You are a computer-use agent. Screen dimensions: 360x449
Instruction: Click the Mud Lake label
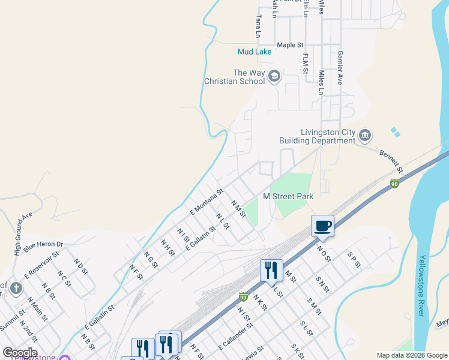click(x=255, y=52)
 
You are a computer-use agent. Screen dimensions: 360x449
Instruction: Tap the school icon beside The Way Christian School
click(x=274, y=76)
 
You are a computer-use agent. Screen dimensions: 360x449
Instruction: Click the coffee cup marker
click(x=322, y=226)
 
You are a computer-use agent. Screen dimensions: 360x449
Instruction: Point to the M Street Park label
click(x=288, y=196)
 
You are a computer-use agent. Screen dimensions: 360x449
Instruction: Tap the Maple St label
click(x=291, y=45)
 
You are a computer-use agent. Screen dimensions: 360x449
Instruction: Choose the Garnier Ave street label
click(x=340, y=67)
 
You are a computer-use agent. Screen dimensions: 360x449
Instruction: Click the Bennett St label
click(x=391, y=161)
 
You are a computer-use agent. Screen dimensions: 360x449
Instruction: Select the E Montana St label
click(x=206, y=201)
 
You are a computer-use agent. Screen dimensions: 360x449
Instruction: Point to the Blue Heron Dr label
click(x=44, y=245)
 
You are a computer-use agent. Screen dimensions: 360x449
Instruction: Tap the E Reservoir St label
click(x=41, y=264)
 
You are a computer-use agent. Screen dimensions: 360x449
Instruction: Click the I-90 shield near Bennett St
click(x=394, y=183)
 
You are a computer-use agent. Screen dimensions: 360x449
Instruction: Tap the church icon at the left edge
click(x=16, y=289)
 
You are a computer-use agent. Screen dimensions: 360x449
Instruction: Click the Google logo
click(x=20, y=352)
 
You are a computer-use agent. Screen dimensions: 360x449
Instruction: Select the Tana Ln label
click(x=259, y=27)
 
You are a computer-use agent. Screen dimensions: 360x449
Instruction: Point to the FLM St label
click(x=306, y=64)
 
